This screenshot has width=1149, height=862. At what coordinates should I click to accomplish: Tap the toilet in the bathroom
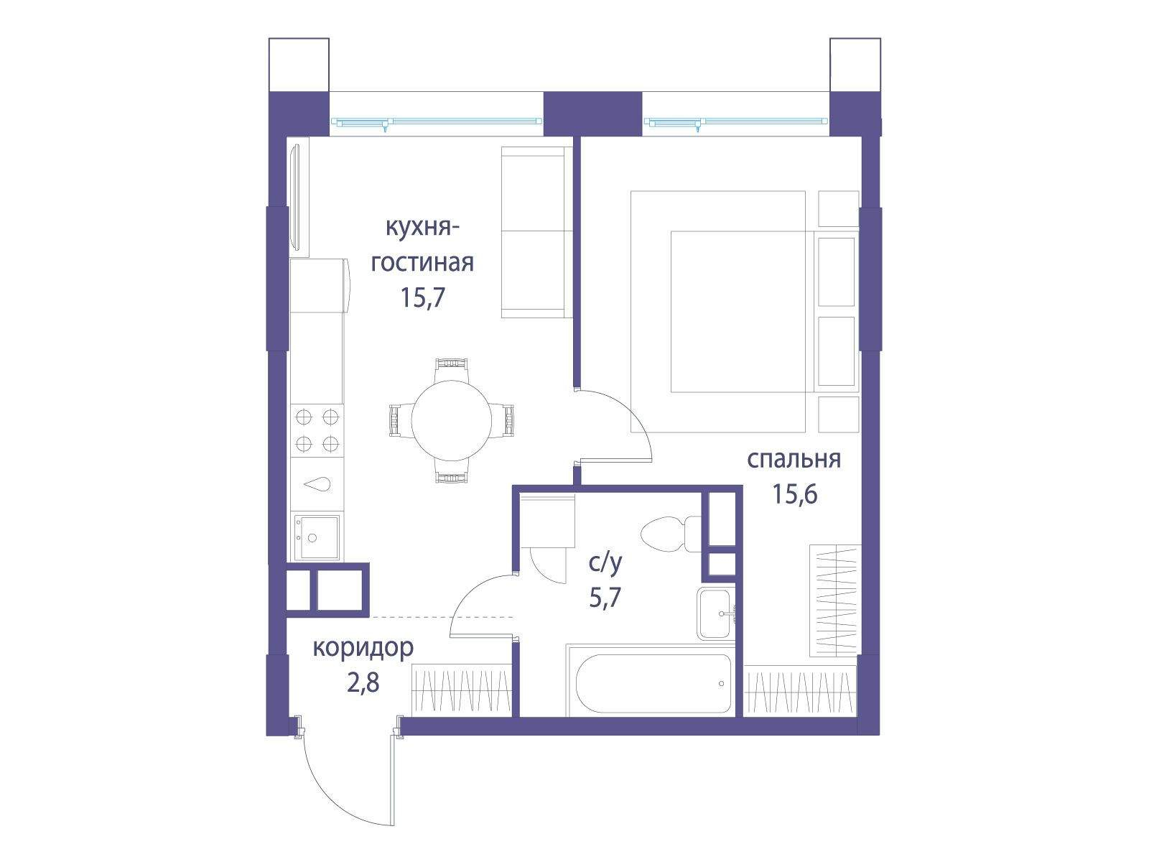point(671,533)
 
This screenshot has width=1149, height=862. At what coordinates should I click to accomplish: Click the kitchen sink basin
point(317,537)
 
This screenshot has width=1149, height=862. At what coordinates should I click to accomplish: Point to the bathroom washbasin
point(716,613)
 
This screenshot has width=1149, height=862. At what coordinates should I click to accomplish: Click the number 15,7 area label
point(422,297)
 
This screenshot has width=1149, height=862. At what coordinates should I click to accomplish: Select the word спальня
point(794,460)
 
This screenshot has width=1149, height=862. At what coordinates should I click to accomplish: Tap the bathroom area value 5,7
point(605,597)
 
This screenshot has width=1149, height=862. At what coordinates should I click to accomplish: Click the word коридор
point(363,649)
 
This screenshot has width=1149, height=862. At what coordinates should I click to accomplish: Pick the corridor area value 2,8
point(363,682)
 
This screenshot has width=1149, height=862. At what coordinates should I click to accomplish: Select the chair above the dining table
point(451,370)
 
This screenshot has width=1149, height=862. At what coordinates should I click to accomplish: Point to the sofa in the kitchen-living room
point(537,232)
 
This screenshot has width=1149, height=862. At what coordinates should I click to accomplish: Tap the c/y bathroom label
point(605,563)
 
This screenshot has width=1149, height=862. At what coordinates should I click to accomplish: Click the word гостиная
point(422,263)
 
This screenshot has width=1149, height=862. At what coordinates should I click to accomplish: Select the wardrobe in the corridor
point(461,690)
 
